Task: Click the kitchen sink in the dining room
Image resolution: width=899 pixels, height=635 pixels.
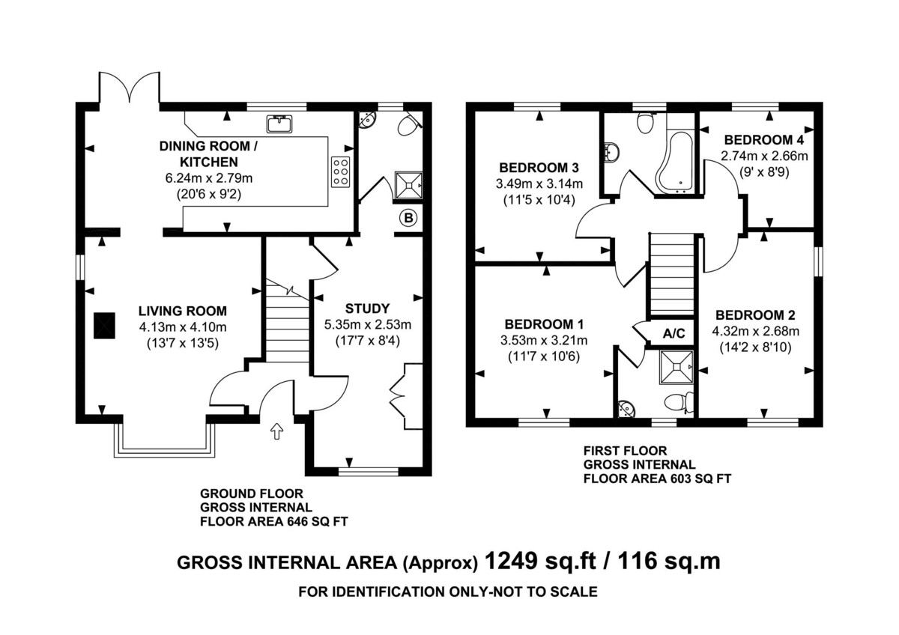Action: (279, 124)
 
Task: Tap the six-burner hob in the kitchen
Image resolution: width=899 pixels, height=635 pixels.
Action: (340, 171)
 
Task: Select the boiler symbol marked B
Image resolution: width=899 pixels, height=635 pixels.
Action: (408, 218)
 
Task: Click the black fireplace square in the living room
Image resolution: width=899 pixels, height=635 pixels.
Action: (105, 326)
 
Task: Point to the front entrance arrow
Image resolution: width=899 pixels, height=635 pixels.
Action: (276, 431)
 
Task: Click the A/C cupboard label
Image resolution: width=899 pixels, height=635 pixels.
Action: (674, 333)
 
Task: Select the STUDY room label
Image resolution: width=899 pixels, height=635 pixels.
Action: (367, 309)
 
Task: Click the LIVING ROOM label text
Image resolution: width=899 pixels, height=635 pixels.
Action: (183, 311)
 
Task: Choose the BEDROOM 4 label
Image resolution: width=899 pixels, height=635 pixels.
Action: (764, 140)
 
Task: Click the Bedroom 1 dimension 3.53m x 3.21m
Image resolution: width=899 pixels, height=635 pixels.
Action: (544, 341)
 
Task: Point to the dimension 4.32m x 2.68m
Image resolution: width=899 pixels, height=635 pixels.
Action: (756, 331)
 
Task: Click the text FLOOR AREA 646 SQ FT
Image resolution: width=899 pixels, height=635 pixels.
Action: (274, 521)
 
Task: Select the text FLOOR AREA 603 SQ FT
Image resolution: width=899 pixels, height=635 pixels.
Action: (658, 478)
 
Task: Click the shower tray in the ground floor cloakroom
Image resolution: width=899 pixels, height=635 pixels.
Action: (409, 185)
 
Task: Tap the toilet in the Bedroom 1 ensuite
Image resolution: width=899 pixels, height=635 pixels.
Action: (679, 401)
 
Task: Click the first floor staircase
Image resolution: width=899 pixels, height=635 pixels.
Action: (672, 274)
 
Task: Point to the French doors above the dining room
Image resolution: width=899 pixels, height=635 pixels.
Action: (130, 87)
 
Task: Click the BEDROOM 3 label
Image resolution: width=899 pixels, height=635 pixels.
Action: (539, 167)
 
